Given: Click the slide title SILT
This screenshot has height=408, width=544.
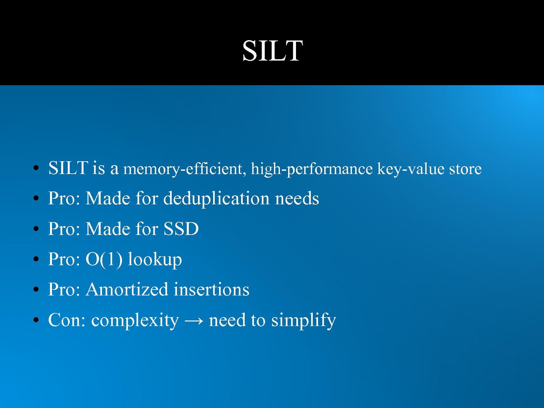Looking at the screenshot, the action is (x=273, y=51).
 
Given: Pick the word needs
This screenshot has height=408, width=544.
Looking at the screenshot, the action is (x=297, y=198).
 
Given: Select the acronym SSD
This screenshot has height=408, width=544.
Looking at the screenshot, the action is (x=181, y=229).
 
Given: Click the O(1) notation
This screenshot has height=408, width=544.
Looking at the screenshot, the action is (x=104, y=259).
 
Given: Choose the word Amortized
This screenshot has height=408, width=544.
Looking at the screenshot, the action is (x=127, y=289).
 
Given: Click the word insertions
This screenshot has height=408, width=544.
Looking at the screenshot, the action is (x=211, y=289).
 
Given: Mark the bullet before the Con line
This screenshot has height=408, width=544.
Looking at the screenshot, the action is (x=36, y=320).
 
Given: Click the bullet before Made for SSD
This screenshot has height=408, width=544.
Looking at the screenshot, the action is (x=36, y=229).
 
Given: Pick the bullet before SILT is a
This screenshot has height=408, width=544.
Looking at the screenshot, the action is (x=36, y=168).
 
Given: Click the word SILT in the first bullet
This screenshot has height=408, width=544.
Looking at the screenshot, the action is (x=68, y=168).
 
